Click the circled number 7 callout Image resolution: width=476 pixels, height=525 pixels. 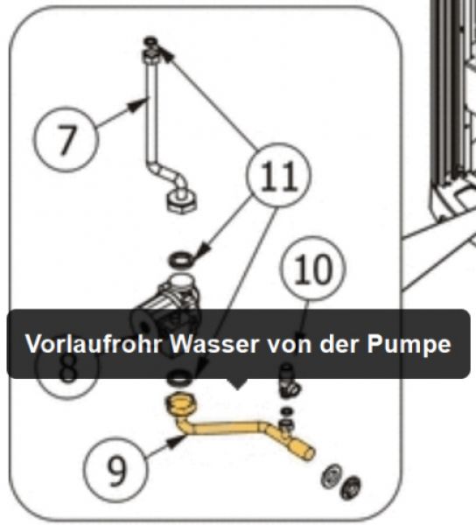[66, 139]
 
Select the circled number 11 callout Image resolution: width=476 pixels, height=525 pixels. [278, 175]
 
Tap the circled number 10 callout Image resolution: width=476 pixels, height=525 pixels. [312, 269]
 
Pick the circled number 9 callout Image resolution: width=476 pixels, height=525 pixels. [115, 470]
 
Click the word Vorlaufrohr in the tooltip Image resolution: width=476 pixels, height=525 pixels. [94, 344]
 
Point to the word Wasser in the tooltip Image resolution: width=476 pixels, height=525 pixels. [214, 344]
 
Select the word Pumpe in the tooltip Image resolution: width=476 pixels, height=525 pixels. [409, 345]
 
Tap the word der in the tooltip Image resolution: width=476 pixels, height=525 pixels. [339, 344]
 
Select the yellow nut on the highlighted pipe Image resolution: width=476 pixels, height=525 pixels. [181, 404]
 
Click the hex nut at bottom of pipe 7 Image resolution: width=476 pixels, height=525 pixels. [182, 201]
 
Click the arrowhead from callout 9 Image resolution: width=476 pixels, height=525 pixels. [177, 441]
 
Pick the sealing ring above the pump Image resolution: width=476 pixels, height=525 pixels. [181, 260]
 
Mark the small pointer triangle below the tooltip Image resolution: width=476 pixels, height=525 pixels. [237, 384]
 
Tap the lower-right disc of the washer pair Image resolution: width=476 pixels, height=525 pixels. [350, 487]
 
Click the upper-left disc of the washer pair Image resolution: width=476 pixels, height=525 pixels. [331, 476]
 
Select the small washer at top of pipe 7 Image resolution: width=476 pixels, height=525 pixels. [150, 41]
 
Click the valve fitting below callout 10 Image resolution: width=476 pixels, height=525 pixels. [289, 381]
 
